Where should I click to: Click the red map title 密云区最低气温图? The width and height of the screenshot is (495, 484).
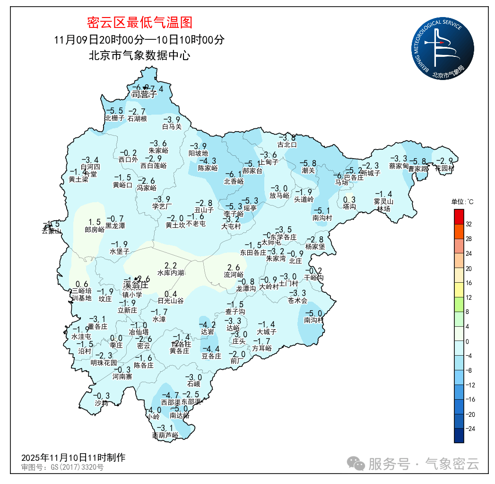pyautogui.click(x=139, y=22)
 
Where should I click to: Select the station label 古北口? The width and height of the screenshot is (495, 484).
pyautogui.click(x=287, y=144)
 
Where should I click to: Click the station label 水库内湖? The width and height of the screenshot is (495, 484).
pyautogui.click(x=171, y=273)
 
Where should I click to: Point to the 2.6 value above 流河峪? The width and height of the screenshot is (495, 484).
pyautogui.click(x=234, y=268)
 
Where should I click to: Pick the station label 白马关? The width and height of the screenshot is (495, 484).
pyautogui.click(x=172, y=126)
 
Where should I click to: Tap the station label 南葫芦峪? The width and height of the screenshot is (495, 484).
pyautogui.click(x=165, y=435)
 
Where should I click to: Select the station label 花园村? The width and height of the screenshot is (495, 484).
pyautogui.click(x=444, y=168)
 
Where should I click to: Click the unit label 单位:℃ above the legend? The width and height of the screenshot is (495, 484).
pyautogui.click(x=463, y=202)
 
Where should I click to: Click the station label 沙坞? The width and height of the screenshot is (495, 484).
pyautogui.click(x=101, y=403)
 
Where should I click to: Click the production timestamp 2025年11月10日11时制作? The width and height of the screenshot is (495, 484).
pyautogui.click(x=73, y=457)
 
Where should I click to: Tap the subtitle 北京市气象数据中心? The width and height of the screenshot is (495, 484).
pyautogui.click(x=139, y=55)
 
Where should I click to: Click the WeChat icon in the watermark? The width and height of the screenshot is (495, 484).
pyautogui.click(x=356, y=463)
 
